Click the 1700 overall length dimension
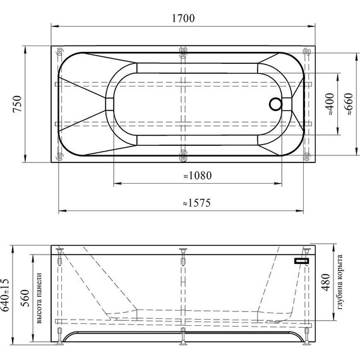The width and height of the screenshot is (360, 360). [x=183, y=18]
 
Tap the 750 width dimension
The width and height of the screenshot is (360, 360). [x=17, y=104]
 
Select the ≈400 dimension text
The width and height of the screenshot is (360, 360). [x=330, y=104]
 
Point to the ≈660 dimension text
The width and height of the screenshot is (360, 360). [x=349, y=104]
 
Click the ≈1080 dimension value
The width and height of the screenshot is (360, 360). [x=198, y=176]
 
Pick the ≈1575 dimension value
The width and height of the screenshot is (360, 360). [x=197, y=203]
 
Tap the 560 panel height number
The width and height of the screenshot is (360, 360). [x=25, y=298]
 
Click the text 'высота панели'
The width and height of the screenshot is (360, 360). [x=39, y=298]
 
